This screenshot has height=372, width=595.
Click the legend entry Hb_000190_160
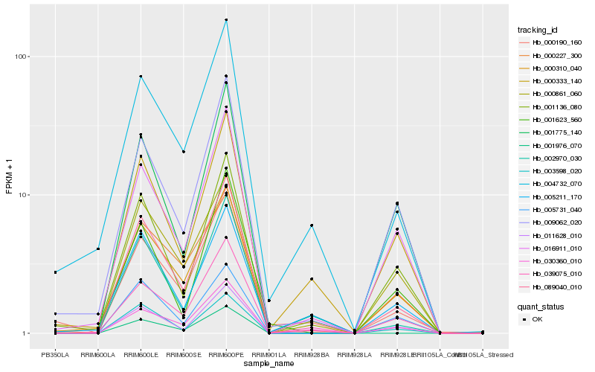[x=552, y=42]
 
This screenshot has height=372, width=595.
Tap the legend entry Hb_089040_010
[x=552, y=286]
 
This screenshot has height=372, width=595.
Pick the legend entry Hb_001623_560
[x=552, y=119]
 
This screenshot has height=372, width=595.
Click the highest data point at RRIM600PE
[x=226, y=20]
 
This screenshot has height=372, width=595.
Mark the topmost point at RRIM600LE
[x=141, y=77]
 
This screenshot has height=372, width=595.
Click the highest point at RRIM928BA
[x=312, y=225]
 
